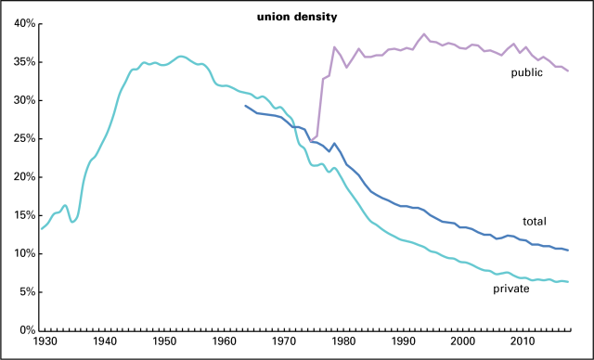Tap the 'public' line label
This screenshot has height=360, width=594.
click(x=526, y=71)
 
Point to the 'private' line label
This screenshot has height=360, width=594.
click(x=511, y=289)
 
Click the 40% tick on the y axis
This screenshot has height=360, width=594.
click(x=24, y=23)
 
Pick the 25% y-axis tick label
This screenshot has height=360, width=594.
click(x=24, y=138)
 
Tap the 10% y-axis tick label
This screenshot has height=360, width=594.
click(x=24, y=253)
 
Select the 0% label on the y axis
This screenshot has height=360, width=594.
click(x=27, y=330)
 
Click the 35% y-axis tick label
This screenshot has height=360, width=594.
click(x=24, y=62)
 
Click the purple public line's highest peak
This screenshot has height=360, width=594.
click(x=424, y=34)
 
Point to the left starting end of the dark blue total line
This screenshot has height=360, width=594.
click(x=245, y=106)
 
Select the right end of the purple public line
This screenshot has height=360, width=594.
click(x=569, y=71)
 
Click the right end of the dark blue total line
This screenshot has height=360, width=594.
click(x=569, y=251)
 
